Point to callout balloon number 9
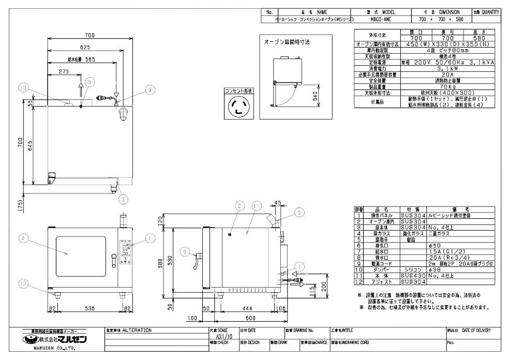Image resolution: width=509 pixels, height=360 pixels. pyautogui.click(x=149, y=89)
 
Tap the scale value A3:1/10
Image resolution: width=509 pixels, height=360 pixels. pyautogui.click(x=218, y=336)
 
